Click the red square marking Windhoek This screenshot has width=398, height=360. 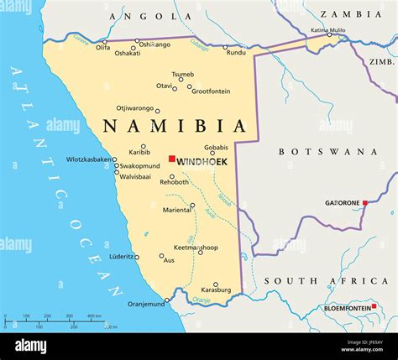(x=171, y=159)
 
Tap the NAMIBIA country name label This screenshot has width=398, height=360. (x=175, y=127)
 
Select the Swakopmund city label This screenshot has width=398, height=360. (x=139, y=166)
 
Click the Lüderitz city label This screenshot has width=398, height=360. (x=123, y=256)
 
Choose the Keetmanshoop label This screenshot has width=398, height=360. (x=195, y=248)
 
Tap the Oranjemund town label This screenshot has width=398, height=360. (x=147, y=305)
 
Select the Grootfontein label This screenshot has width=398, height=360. (x=211, y=91)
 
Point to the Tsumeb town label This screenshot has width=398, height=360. (x=182, y=74)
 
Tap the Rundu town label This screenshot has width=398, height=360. (x=236, y=52)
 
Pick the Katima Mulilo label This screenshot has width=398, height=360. (x=327, y=30)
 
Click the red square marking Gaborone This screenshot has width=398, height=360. (x=365, y=203)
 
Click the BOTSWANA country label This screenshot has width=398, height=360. (x=327, y=152)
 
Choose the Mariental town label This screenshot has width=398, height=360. (x=175, y=210)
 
